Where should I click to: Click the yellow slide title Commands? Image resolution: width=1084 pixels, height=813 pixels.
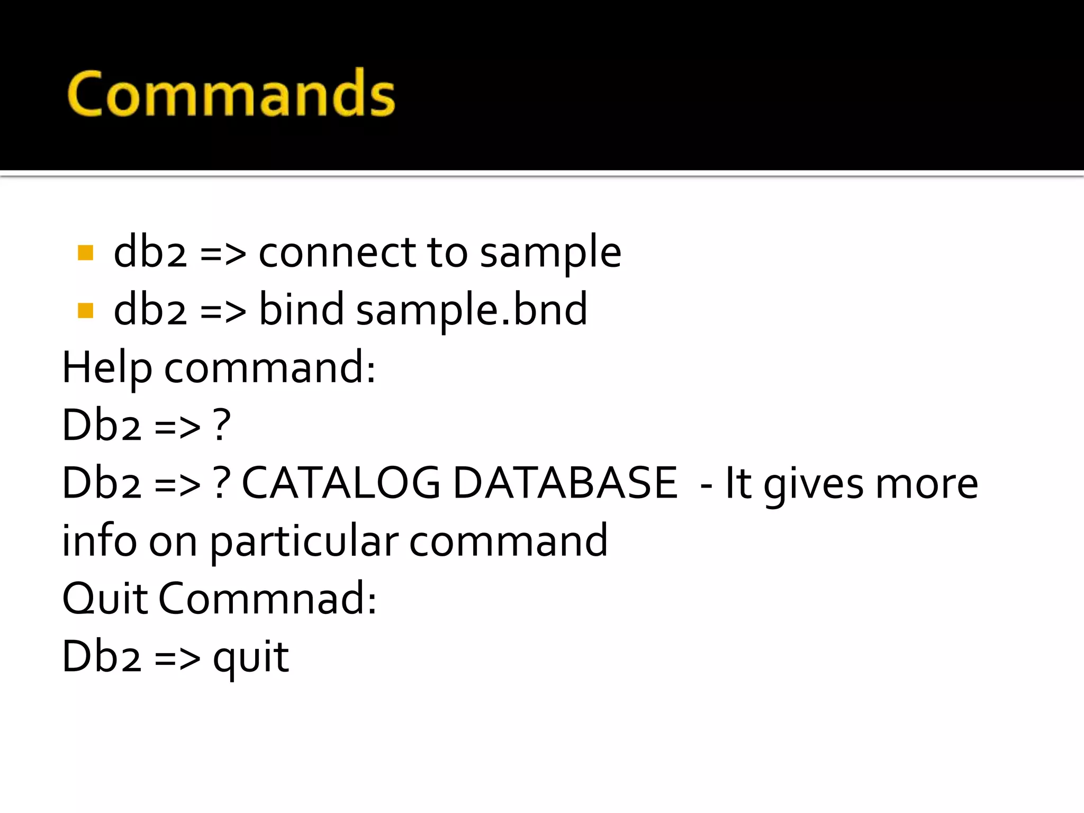tap(231, 94)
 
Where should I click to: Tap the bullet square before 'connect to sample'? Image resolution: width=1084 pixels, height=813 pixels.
tap(85, 252)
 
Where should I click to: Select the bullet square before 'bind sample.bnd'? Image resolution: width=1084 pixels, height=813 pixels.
tap(85, 310)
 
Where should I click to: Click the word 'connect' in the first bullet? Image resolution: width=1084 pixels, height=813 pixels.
tap(337, 252)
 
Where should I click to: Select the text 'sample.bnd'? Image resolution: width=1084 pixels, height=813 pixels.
tap(472, 310)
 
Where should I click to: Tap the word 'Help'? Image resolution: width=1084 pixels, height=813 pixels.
tap(107, 368)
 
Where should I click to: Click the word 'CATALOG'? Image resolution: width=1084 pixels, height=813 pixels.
tap(341, 483)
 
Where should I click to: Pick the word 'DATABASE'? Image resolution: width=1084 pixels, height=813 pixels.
tap(565, 483)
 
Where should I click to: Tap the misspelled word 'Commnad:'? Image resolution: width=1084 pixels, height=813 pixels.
tap(268, 599)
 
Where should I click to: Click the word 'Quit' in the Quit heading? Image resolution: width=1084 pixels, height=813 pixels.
tap(105, 599)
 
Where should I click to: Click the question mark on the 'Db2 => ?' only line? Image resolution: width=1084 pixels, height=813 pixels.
tap(222, 425)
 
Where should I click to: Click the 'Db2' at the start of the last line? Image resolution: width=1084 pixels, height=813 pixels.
tap(102, 656)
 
